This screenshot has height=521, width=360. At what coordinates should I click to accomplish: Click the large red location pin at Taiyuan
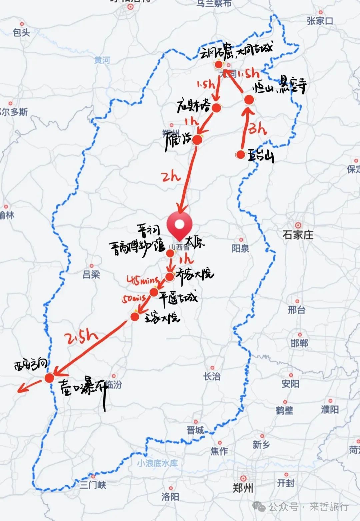coord(179,224)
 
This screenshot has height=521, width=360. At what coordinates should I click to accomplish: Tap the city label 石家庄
coord(298,235)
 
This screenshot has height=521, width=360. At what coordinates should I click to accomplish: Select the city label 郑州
coord(243,488)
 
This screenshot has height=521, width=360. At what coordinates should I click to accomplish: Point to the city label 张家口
coord(320,21)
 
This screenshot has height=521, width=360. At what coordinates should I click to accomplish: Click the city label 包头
coord(21,32)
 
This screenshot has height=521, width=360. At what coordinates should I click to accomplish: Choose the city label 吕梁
coord(91,275)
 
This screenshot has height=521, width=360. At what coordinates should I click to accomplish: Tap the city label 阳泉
coord(240,248)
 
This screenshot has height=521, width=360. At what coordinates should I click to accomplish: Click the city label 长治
coord(212,377)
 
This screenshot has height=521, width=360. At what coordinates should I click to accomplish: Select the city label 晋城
coord(195,430)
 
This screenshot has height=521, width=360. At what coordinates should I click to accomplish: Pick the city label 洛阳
coord(170,497)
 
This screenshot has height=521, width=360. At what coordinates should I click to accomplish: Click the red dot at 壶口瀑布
coord(49,378)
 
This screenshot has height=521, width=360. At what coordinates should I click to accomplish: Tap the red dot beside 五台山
coord(240,154)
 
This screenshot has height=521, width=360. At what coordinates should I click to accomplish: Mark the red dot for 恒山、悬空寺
coord(249,99)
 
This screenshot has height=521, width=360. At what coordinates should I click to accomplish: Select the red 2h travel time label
coord(171,176)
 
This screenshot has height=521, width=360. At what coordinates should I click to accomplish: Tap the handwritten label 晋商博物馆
coord(137,247)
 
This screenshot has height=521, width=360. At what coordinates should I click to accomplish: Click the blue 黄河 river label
coord(102,60)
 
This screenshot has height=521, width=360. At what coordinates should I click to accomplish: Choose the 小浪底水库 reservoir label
coord(157,463)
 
